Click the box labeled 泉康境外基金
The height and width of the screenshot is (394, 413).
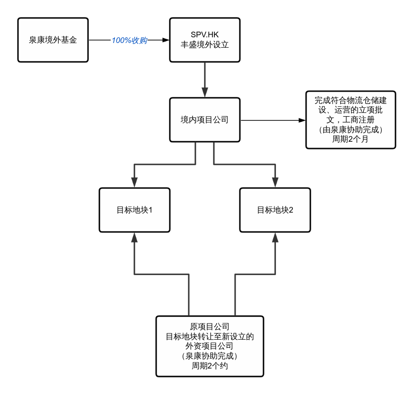tap(53, 40)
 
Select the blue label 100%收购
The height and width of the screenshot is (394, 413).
tap(129, 41)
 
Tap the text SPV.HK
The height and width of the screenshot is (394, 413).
tap(204, 34)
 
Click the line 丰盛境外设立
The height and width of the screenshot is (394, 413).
tap(204, 45)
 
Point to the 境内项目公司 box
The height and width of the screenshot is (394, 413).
tap(204, 120)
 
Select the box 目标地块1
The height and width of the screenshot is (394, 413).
tap(134, 210)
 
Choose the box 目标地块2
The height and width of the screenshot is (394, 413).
tap(275, 210)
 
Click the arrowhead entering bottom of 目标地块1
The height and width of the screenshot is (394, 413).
tap(134, 237)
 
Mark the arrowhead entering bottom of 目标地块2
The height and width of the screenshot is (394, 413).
tap(275, 237)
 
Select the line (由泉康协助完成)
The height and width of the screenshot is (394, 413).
tap(351, 129)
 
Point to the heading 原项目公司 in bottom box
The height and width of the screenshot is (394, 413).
tap(210, 326)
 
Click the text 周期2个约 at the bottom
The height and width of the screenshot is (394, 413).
tap(210, 366)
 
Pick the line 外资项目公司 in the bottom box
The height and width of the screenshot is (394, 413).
tap(210, 346)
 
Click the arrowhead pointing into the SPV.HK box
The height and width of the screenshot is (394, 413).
tap(166, 41)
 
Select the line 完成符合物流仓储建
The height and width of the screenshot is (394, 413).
tap(351, 101)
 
